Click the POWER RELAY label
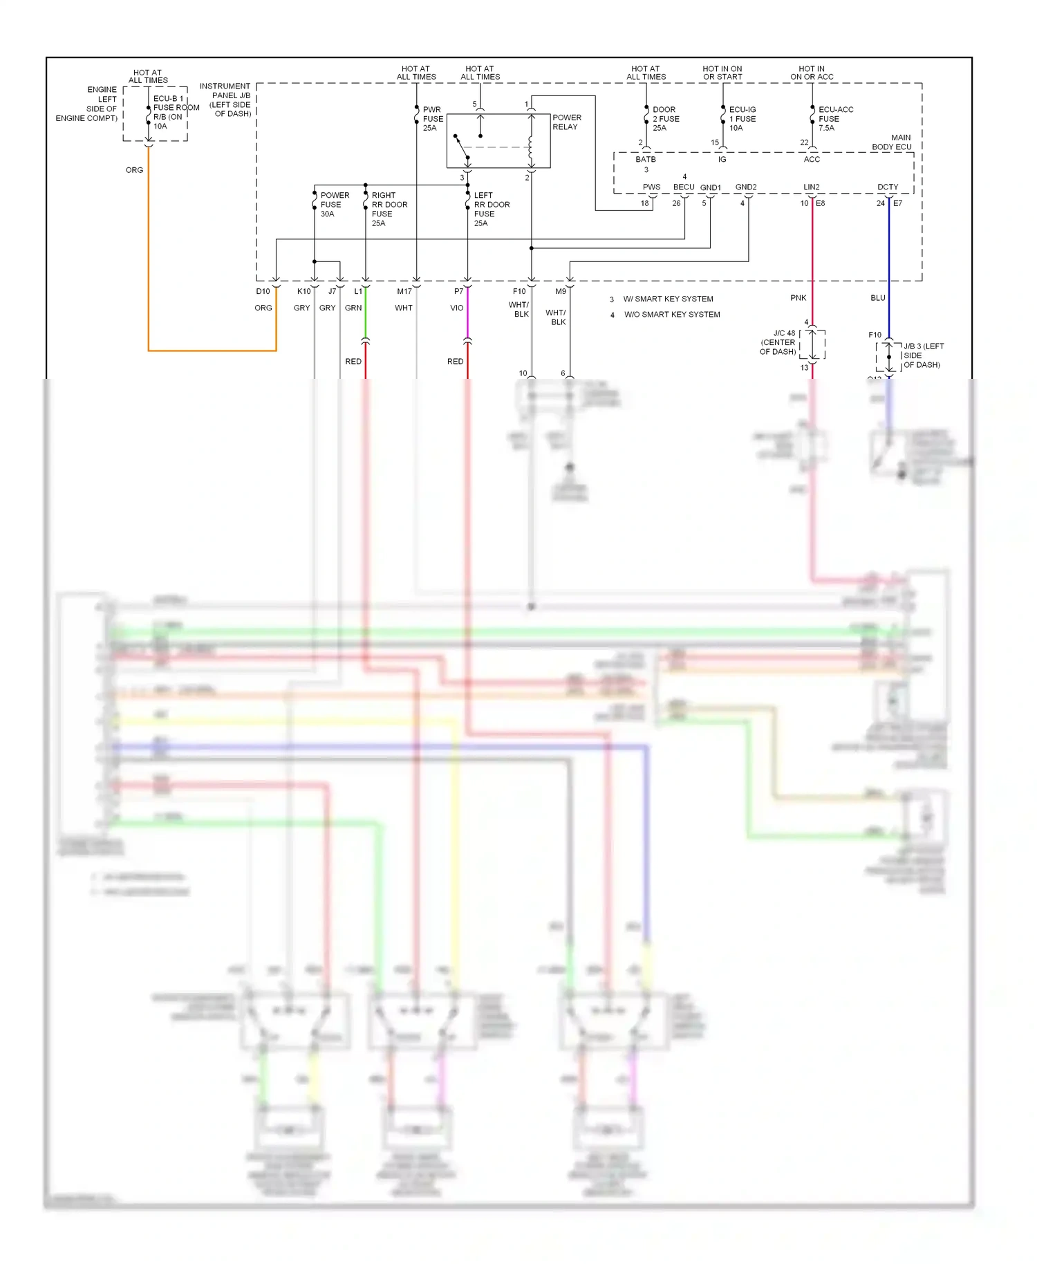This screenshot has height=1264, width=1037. pyautogui.click(x=566, y=122)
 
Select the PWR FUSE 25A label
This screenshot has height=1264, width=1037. pyautogui.click(x=433, y=119)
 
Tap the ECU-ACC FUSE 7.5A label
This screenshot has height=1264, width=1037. pyautogui.click(x=835, y=119)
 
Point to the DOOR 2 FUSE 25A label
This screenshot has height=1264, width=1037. pyautogui.click(x=665, y=119)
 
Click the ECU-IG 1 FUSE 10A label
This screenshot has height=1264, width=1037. pyautogui.click(x=742, y=119)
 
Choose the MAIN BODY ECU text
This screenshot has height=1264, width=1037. pyautogui.click(x=892, y=142)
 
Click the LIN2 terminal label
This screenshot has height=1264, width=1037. pyautogui.click(x=811, y=187)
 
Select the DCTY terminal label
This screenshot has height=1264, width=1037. pyautogui.click(x=888, y=187)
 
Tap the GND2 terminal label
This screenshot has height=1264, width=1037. pyautogui.click(x=745, y=187)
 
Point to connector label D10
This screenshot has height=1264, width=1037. pyautogui.click(x=263, y=292)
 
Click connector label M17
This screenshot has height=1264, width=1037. pyautogui.click(x=404, y=292)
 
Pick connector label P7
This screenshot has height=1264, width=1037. pyautogui.click(x=458, y=292)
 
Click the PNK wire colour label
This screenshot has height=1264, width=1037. pyautogui.click(x=798, y=298)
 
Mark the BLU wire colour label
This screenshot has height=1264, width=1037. pyautogui.click(x=877, y=298)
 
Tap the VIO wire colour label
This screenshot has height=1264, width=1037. pyautogui.click(x=456, y=308)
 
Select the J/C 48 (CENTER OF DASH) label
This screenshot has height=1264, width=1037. pyautogui.click(x=778, y=342)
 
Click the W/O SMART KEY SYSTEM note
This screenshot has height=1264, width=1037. pyautogui.click(x=671, y=315)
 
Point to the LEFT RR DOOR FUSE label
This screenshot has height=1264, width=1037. pyautogui.click(x=491, y=209)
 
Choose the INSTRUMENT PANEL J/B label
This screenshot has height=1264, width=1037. pyautogui.click(x=226, y=100)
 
